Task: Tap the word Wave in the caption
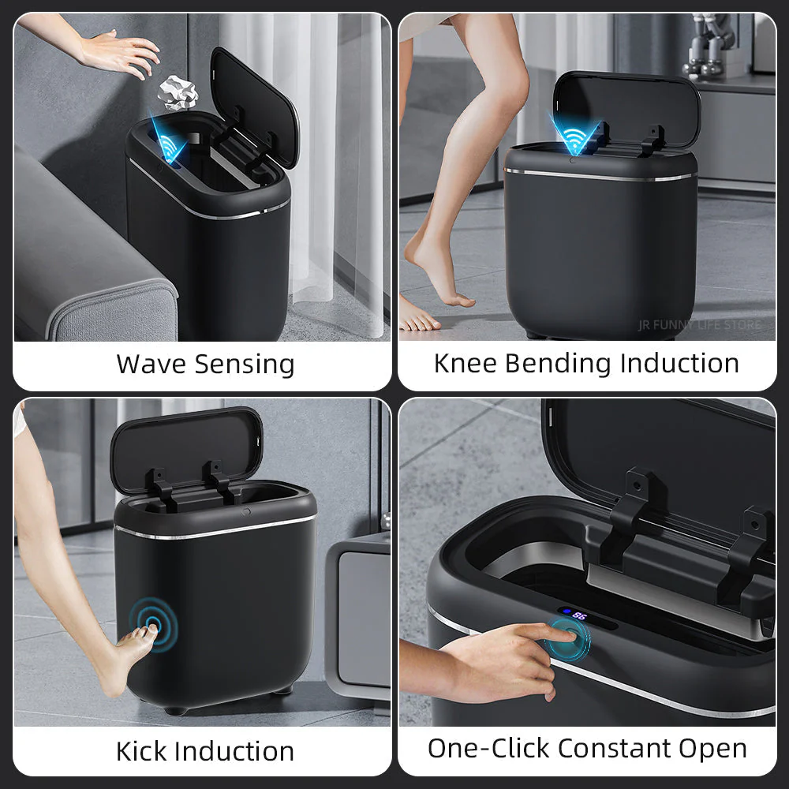(151, 365)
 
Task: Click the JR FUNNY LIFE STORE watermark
(699, 325)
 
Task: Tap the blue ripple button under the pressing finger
(570, 638)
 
